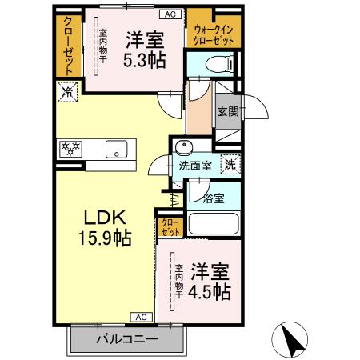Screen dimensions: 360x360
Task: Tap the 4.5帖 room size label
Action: pos(212,290)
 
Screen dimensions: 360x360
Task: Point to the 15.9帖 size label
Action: pos(105,238)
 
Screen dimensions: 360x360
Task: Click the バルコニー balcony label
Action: pos(128,338)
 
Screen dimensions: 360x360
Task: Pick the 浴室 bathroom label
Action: pos(212,197)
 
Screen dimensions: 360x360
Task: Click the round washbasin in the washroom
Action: pos(183,150)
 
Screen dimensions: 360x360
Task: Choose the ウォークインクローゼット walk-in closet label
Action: pos(214,32)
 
